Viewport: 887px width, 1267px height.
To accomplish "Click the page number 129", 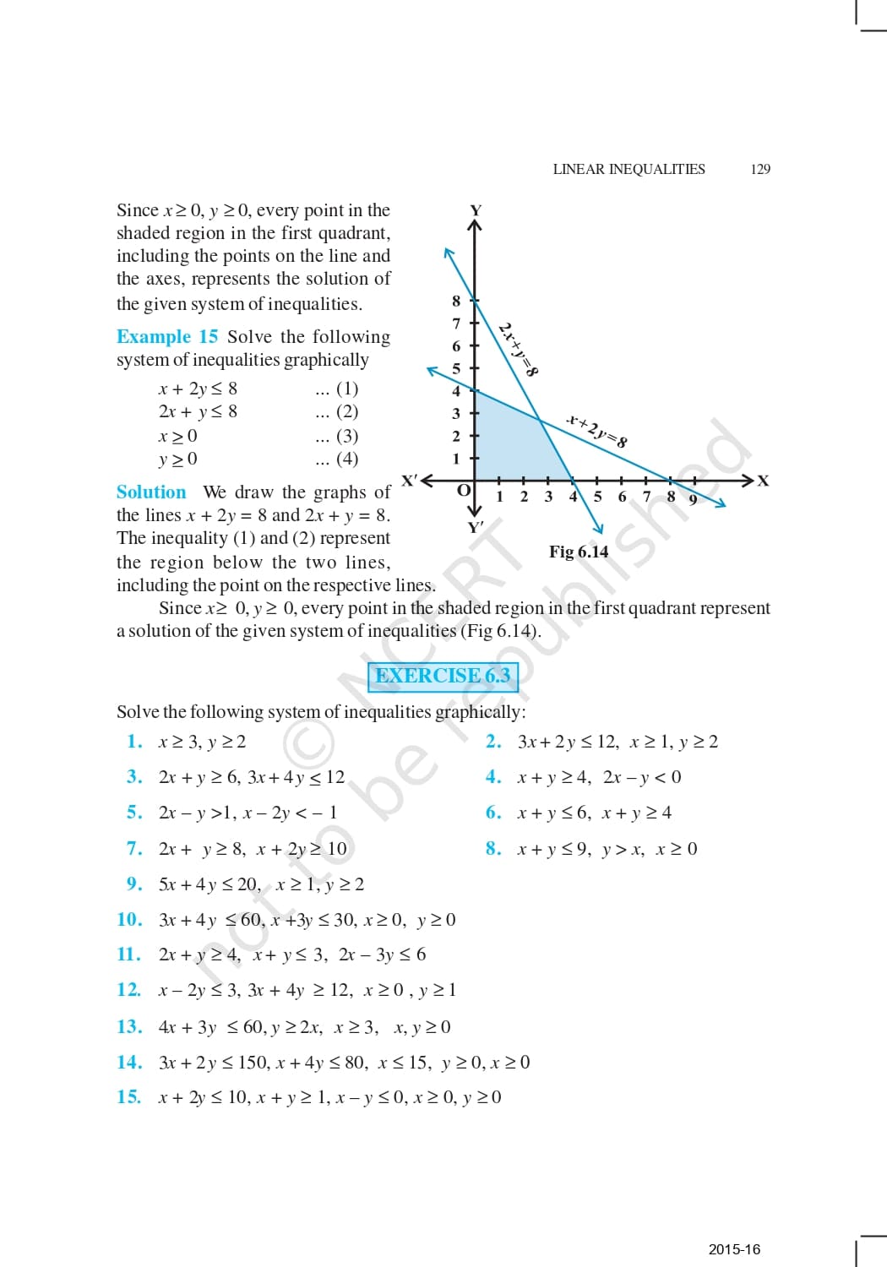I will pyautogui.click(x=760, y=169).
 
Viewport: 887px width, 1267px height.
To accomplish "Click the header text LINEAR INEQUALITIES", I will pyautogui.click(x=629, y=169).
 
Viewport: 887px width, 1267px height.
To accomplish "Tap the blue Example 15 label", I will pyautogui.click(x=167, y=336).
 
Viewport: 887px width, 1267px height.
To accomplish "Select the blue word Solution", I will pyautogui.click(x=151, y=492).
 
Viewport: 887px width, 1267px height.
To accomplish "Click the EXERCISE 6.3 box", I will pyautogui.click(x=443, y=676).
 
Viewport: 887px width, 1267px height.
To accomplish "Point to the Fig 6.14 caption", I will pyautogui.click(x=579, y=552).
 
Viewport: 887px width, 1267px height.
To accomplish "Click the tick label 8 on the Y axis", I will pyautogui.click(x=456, y=301).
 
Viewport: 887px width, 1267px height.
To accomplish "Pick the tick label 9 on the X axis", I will pyautogui.click(x=693, y=499).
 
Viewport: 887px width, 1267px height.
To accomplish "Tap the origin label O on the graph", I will pyautogui.click(x=463, y=491).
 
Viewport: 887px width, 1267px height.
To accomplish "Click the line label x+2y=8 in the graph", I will pyautogui.click(x=597, y=430).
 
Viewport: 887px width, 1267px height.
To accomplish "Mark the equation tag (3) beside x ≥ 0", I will pyautogui.click(x=347, y=436).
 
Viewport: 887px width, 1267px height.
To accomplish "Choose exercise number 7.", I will pyautogui.click(x=134, y=848).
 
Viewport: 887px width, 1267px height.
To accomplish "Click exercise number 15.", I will pyautogui.click(x=128, y=1096).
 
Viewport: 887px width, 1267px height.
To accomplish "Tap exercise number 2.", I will pyautogui.click(x=493, y=742).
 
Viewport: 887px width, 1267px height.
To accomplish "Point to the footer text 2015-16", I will pyautogui.click(x=734, y=1249).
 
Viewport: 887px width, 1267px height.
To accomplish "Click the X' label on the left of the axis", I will pyautogui.click(x=410, y=481).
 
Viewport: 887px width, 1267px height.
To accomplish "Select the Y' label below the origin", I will pyautogui.click(x=476, y=527).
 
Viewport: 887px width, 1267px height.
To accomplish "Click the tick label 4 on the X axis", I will pyautogui.click(x=573, y=497).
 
